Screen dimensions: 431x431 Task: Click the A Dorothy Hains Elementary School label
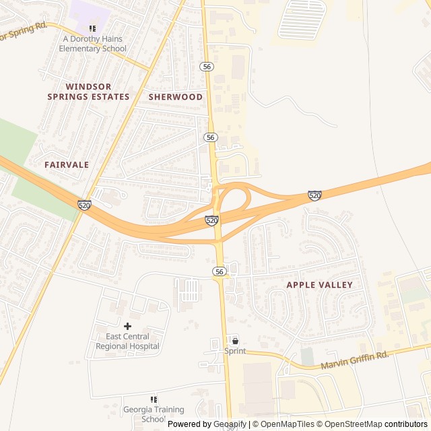click(x=92, y=44)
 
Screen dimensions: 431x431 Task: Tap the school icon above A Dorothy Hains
click(x=92, y=29)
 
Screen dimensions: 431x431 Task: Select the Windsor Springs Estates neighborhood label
click(x=88, y=92)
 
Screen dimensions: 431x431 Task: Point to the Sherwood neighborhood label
click(x=176, y=97)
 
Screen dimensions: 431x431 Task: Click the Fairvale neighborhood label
click(x=67, y=164)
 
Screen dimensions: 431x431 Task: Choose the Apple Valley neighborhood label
click(x=320, y=285)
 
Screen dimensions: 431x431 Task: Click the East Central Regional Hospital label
click(x=127, y=341)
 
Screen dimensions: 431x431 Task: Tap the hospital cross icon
click(x=127, y=326)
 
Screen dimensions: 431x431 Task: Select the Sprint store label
click(x=235, y=351)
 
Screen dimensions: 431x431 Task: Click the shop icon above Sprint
click(x=235, y=340)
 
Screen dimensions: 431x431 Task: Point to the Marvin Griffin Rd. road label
click(x=354, y=360)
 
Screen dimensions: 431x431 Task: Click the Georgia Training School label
click(x=153, y=413)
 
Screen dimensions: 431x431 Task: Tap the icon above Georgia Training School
click(x=153, y=399)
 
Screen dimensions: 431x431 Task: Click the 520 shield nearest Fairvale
click(x=84, y=205)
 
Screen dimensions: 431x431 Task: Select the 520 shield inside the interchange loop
click(x=211, y=220)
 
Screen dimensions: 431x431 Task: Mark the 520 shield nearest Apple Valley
click(x=314, y=195)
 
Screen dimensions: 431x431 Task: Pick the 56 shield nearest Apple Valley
click(x=220, y=271)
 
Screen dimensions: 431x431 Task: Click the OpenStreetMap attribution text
click(x=350, y=424)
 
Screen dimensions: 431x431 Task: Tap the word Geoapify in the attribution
click(x=230, y=424)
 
